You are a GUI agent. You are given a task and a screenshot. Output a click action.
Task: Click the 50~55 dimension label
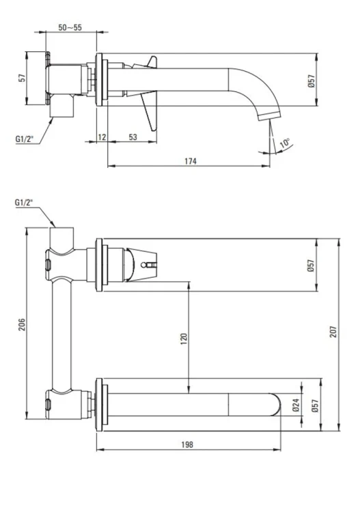click(70, 27)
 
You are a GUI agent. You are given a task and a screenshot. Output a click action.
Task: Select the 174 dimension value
click(191, 161)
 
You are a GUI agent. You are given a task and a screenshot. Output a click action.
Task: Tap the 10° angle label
click(285, 143)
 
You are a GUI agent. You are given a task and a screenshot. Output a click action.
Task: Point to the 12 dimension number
click(102, 137)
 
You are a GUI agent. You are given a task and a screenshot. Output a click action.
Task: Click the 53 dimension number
click(133, 137)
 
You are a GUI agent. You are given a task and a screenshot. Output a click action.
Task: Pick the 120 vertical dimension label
click(184, 339)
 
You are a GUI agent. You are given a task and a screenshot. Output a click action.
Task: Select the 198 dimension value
click(187, 444)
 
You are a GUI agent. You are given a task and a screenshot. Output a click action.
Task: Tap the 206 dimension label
click(22, 324)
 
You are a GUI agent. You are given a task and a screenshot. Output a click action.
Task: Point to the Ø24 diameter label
click(296, 405)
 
